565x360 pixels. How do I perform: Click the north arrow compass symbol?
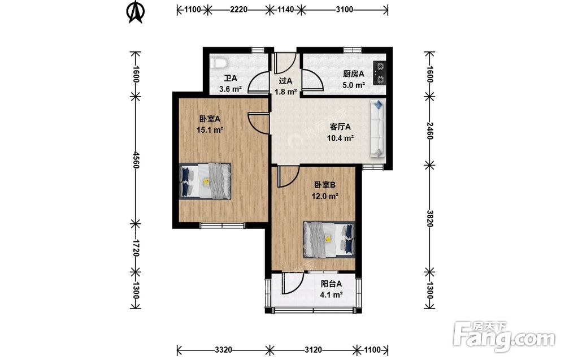pyautogui.click(x=136, y=12)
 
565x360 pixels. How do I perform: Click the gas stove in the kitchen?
pyautogui.click(x=380, y=73)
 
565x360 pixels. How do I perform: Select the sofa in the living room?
pyautogui.click(x=377, y=129)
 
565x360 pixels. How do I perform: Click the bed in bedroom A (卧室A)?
pyautogui.click(x=205, y=181)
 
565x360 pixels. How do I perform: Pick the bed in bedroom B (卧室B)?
pyautogui.click(x=329, y=239)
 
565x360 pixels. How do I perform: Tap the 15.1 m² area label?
pyautogui.click(x=210, y=130)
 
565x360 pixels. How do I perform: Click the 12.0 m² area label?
pyautogui.click(x=325, y=197)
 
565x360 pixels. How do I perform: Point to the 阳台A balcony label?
pyautogui.click(x=331, y=284)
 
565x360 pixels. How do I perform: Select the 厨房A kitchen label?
pyautogui.click(x=354, y=74)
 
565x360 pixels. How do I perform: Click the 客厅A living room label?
pyautogui.click(x=340, y=127)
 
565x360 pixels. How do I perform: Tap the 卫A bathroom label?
pyautogui.click(x=231, y=78)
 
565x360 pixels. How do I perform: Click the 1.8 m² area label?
pyautogui.click(x=285, y=92)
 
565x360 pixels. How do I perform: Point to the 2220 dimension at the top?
pyautogui.click(x=238, y=10)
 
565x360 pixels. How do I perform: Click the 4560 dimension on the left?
pyautogui.click(x=136, y=160)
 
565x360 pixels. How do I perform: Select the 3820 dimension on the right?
pyautogui.click(x=429, y=218)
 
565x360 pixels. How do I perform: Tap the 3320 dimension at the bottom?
pyautogui.click(x=223, y=350)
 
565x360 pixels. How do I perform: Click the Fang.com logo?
pyautogui.click(x=504, y=336)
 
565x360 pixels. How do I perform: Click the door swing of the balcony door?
pyautogui.click(x=293, y=284)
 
